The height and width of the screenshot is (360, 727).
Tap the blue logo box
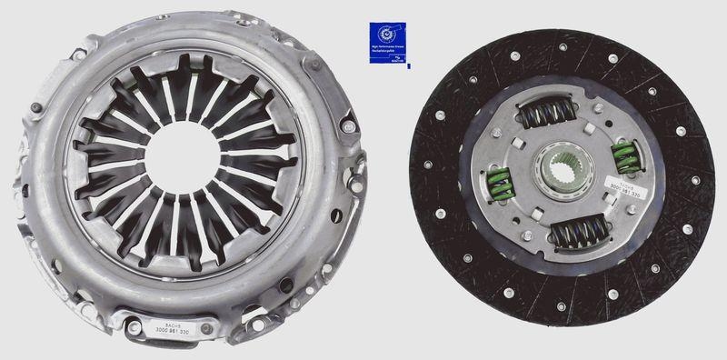tap(388, 44)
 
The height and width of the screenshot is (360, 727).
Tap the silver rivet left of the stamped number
tap(134, 325)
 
